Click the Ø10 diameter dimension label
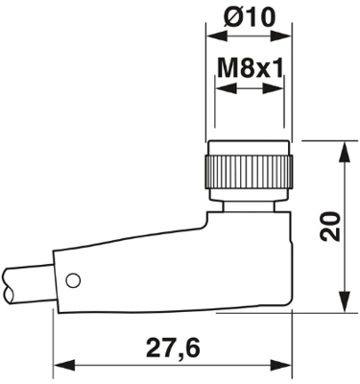click(250, 17)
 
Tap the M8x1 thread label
click(251, 68)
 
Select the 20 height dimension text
click(330, 226)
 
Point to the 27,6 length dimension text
click(173, 348)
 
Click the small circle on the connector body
click(73, 280)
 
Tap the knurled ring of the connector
click(249, 173)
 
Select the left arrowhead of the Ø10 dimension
click(217, 36)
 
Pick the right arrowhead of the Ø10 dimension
click(280, 36)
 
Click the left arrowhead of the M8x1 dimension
click(227, 88)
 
